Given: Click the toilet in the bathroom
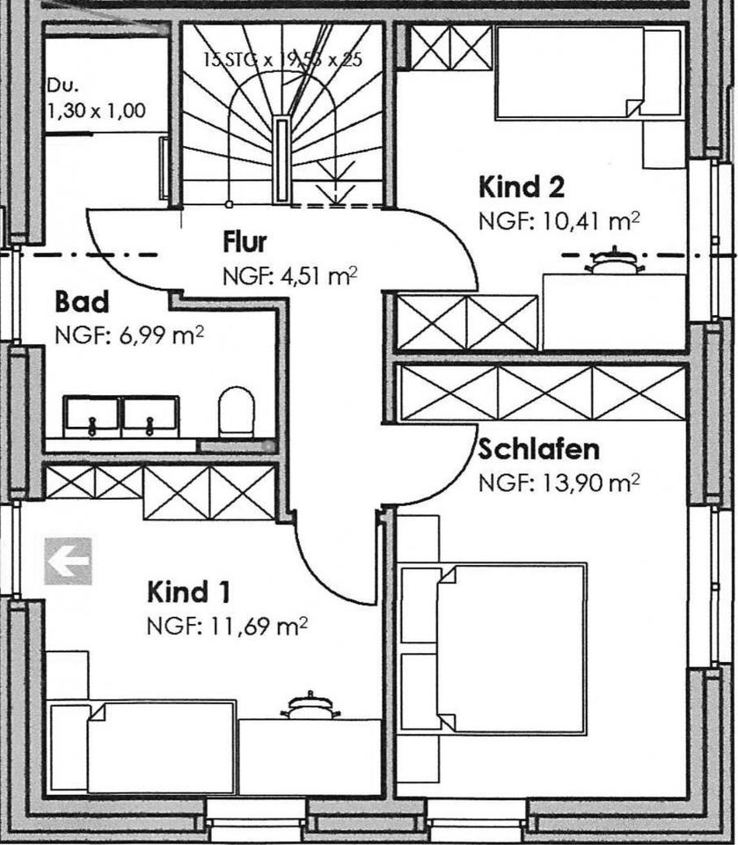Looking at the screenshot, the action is pyautogui.click(x=236, y=412).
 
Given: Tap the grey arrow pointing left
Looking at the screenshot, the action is pyautogui.click(x=68, y=561).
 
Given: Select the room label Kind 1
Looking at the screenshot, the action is pyautogui.click(x=189, y=592).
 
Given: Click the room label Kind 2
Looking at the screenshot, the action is pyautogui.click(x=521, y=187).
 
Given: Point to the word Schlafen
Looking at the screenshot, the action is pyautogui.click(x=538, y=450).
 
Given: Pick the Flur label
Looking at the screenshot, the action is pyautogui.click(x=245, y=241).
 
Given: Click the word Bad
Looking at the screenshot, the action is pyautogui.click(x=82, y=303).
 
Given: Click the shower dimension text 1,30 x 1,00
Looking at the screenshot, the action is pyautogui.click(x=96, y=111).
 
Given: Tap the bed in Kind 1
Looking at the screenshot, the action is pyautogui.click(x=161, y=746).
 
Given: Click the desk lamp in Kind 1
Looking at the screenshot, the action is pyautogui.click(x=309, y=706).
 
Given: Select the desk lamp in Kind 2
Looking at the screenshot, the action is pyautogui.click(x=613, y=261).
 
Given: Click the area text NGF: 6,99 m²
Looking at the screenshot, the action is pyautogui.click(x=129, y=335).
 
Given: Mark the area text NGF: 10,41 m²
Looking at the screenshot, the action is pyautogui.click(x=559, y=220).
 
